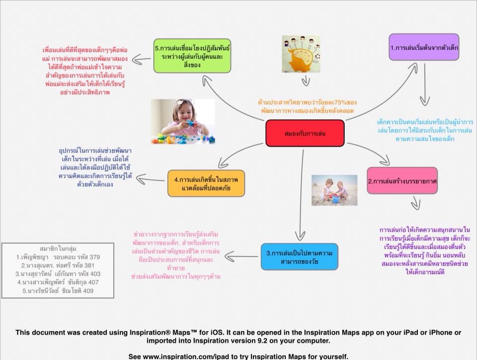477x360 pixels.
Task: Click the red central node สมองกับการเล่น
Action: pos(305,133)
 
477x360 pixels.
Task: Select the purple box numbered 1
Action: pos(424,47)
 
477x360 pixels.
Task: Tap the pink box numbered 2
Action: pos(402,181)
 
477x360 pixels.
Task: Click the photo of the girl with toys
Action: pos(183,122)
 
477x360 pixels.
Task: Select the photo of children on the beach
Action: pos(334,189)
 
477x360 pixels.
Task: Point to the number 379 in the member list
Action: pos(94,257)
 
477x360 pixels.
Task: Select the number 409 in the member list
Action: pos(87,291)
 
